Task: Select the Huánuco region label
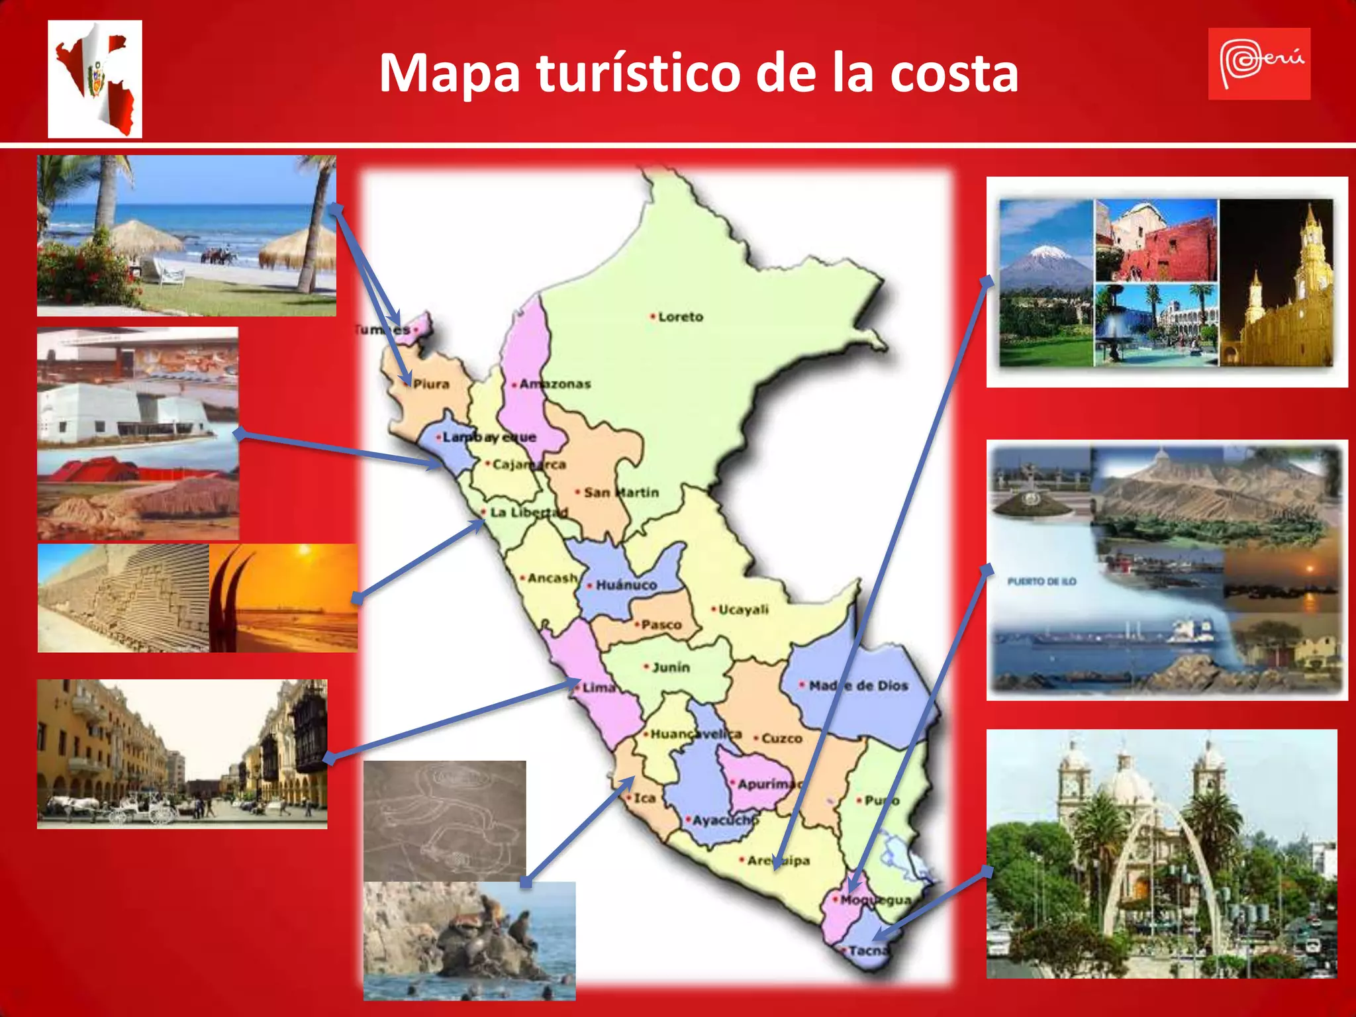[626, 585]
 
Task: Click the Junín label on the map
[670, 667]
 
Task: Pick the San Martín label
[620, 493]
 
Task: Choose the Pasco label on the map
[661, 624]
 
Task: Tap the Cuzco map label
[781, 738]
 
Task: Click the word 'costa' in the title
[953, 73]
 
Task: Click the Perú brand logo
[1259, 64]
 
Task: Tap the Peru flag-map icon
[95, 79]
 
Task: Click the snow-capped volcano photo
[1045, 281]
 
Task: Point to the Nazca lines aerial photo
[444, 821]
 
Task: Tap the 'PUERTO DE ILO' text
[1041, 582]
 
